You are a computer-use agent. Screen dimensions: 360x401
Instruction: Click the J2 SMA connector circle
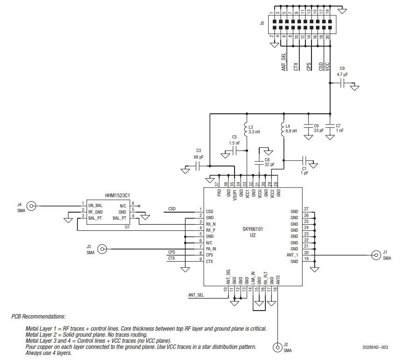(278, 347)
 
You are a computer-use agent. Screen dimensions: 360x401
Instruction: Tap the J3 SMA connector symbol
(101, 249)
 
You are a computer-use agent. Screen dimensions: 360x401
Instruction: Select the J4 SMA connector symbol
(31, 206)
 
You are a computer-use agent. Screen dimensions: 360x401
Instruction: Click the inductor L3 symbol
(245, 129)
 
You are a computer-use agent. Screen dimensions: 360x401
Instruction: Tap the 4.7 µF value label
(343, 74)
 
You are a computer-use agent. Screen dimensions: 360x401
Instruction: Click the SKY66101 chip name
(252, 229)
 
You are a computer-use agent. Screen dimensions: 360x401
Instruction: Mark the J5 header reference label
(262, 22)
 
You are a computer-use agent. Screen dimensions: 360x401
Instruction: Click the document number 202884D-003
(375, 347)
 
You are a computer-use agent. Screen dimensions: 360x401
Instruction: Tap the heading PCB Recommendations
(39, 317)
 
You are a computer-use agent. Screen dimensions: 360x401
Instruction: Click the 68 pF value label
(198, 157)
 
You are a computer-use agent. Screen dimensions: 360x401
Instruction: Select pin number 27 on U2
(306, 209)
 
